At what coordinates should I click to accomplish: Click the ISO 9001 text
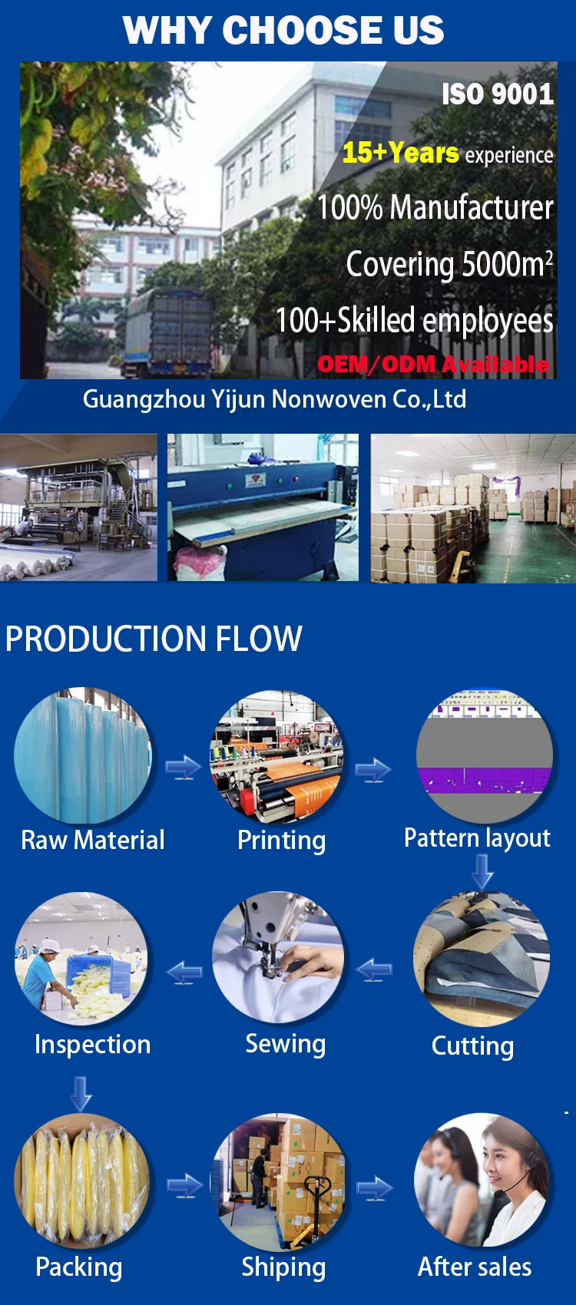coord(497,94)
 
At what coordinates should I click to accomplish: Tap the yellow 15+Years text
coord(400,153)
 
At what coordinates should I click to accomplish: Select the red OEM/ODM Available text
coord(433,364)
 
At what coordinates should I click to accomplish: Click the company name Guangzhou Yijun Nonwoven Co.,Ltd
coord(274,399)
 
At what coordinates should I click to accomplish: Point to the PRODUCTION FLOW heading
coord(154,639)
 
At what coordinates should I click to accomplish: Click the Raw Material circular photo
coord(83,756)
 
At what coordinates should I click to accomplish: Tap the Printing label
coord(281,840)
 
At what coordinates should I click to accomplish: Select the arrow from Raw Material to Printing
coord(184,767)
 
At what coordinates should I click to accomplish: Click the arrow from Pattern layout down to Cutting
coord(482,871)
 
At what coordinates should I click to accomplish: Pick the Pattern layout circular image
coord(484,756)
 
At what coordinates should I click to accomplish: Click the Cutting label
coord(472,1046)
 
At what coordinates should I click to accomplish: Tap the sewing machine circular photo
coord(278,957)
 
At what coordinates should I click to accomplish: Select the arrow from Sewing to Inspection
coord(184,973)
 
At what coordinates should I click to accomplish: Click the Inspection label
coord(92,1044)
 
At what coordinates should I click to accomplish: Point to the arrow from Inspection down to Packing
coord(81,1093)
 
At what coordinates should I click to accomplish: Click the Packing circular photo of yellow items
coord(81,1181)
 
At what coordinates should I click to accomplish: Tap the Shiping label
coord(283,1267)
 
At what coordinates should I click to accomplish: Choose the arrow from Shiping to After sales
coord(374,1188)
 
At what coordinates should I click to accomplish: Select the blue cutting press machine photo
coord(263,507)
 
